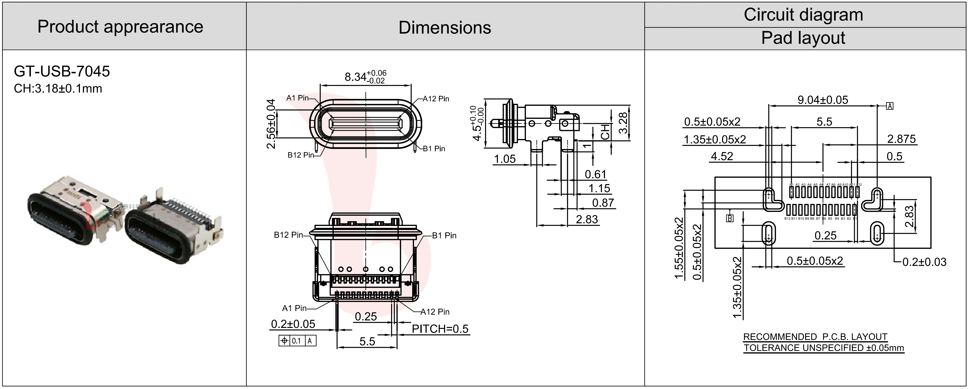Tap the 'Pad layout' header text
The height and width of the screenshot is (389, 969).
point(803,38)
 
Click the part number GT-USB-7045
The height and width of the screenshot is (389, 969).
point(62,71)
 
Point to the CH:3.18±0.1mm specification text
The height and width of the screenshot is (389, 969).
point(58,89)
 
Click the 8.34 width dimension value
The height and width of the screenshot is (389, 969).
point(356,77)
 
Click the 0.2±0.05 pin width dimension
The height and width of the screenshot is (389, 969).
point(293,324)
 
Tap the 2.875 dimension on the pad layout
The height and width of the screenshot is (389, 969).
point(901,139)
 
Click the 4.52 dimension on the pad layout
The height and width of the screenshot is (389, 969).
point(722,156)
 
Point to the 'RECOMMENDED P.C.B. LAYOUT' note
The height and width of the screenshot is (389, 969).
point(815,337)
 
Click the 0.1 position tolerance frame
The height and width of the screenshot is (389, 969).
point(297,341)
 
